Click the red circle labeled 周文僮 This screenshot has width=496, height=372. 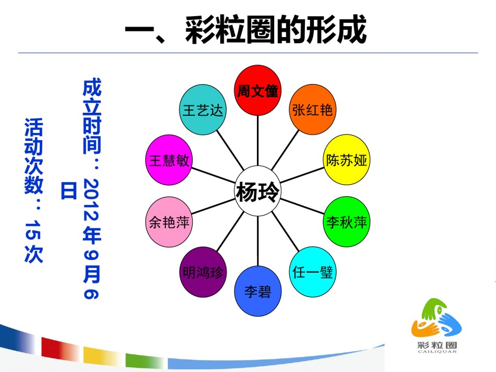258,90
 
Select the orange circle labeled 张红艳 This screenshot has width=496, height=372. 313,110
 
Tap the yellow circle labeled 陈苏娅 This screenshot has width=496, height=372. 347,160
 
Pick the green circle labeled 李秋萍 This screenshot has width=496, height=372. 347,222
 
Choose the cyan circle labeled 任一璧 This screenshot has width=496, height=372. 313,272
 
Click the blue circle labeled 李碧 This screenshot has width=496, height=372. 258,291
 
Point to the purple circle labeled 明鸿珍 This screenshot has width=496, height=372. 203,272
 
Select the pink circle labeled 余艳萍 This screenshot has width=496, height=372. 169,222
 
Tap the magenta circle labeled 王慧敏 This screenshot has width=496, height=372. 169,160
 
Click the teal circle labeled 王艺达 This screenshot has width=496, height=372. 203,110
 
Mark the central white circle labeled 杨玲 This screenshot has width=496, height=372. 258,191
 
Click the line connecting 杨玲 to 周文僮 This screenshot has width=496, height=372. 258,141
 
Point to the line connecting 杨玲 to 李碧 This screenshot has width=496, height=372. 258,241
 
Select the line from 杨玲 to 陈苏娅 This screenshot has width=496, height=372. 302,175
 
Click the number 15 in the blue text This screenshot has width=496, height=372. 33,230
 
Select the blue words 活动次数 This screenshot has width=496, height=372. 33,156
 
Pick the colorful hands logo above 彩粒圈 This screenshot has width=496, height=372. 436,319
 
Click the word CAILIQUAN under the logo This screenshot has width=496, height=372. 437,352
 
